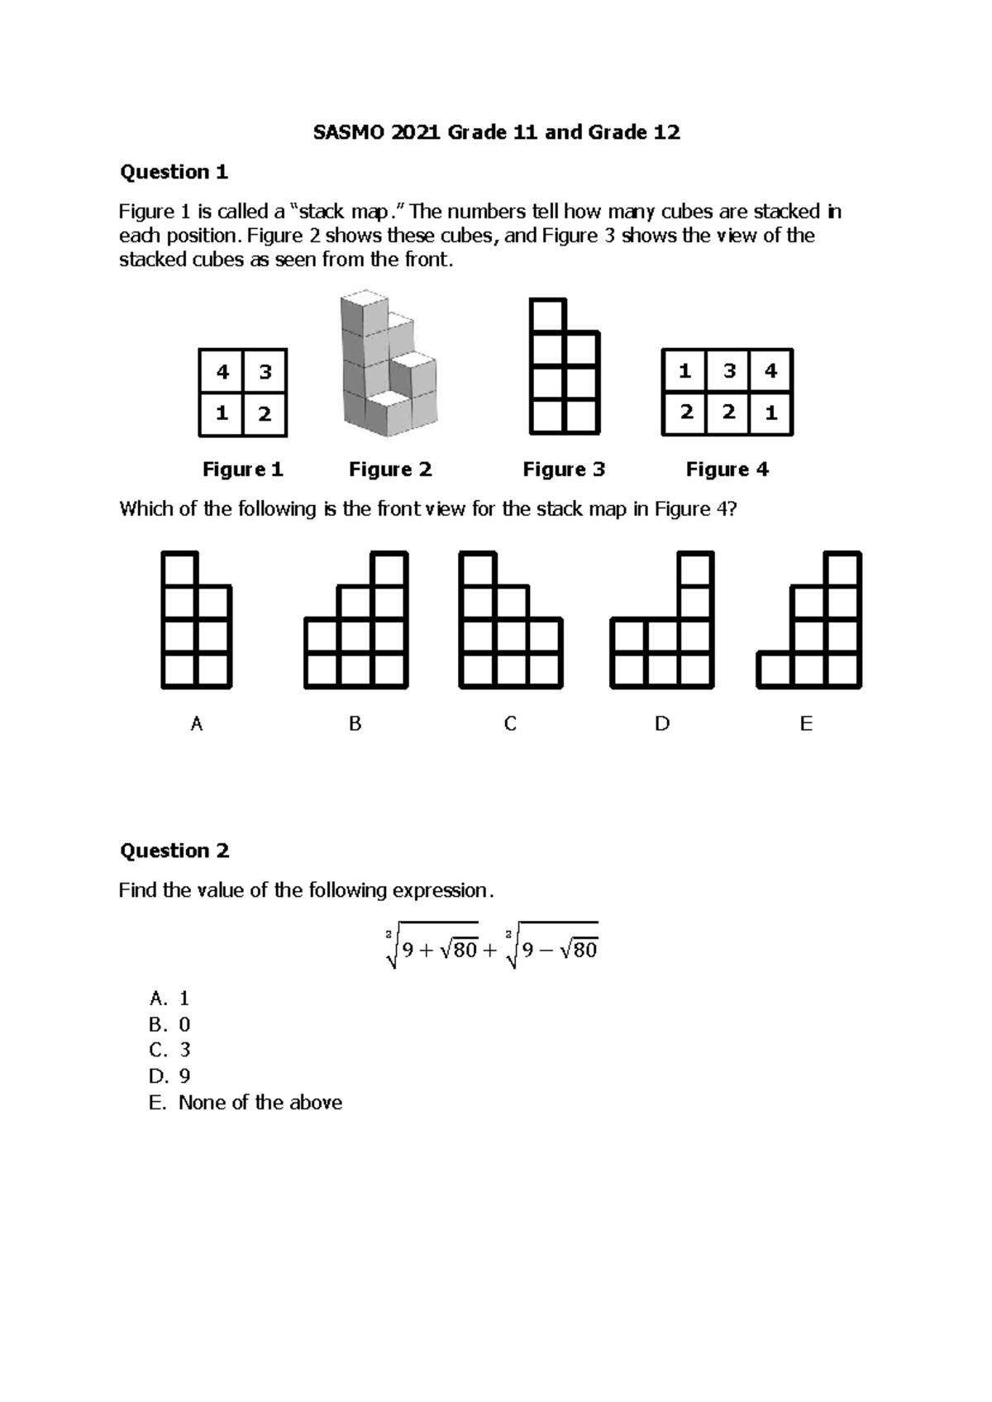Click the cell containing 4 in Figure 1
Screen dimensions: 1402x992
(222, 372)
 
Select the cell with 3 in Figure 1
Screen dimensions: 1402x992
(265, 372)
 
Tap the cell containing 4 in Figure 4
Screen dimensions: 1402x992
(770, 371)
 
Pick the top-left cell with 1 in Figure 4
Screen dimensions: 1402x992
(684, 371)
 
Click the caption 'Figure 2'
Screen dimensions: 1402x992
(390, 470)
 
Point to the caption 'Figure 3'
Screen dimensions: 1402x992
(564, 470)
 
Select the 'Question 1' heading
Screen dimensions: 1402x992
(174, 172)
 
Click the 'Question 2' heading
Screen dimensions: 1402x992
(174, 851)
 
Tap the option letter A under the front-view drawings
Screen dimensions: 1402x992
(196, 724)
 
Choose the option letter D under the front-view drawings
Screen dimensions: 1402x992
(662, 724)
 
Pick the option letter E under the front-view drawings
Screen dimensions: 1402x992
(806, 724)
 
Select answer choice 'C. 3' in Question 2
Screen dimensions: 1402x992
(169, 1050)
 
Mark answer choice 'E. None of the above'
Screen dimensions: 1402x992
(246, 1102)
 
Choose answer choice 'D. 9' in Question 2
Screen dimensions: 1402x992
(169, 1075)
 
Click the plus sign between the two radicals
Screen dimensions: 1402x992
(489, 951)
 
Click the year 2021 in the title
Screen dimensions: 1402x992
(417, 132)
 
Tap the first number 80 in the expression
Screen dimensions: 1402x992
(465, 951)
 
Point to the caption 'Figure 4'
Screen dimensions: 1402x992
(727, 470)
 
